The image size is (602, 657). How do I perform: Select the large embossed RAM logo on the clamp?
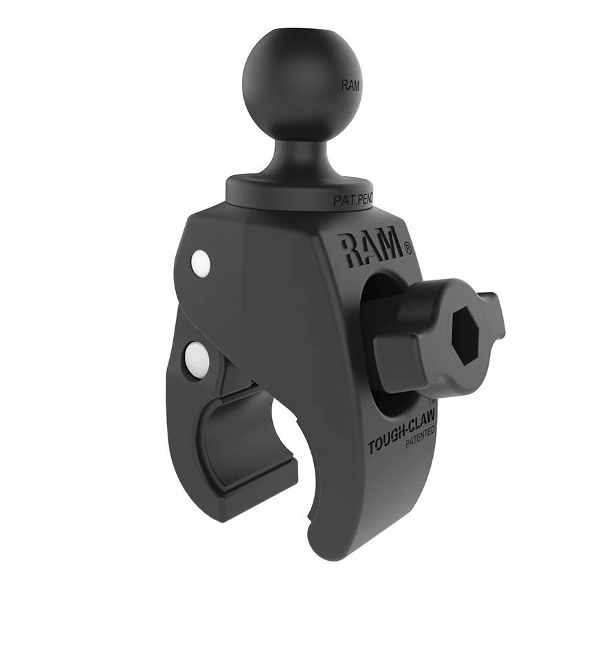[368, 249]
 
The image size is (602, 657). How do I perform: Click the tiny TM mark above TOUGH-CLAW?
[432, 401]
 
